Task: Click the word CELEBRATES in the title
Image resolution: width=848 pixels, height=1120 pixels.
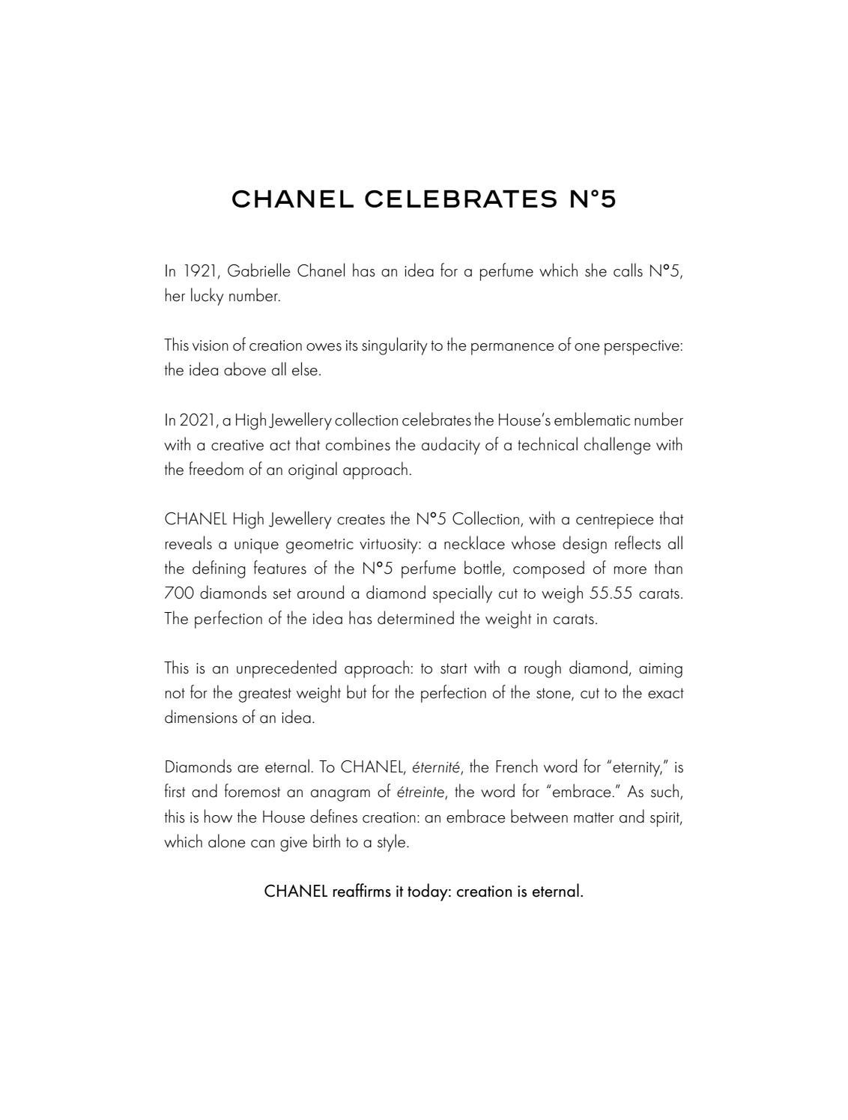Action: click(x=461, y=199)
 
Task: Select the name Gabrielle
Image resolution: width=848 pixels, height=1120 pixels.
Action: click(x=259, y=271)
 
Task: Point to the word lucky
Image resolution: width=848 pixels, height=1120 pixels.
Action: click(x=206, y=296)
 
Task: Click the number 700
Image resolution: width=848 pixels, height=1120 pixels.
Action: click(x=178, y=593)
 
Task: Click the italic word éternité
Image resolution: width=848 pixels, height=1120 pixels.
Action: click(x=436, y=767)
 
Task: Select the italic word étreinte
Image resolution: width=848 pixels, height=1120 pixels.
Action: click(x=420, y=792)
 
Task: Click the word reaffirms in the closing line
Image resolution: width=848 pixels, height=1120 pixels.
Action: click(x=362, y=892)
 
